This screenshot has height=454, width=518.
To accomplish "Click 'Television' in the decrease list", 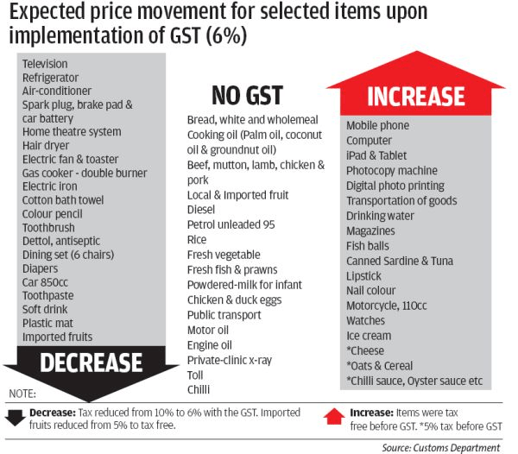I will coord(45,64).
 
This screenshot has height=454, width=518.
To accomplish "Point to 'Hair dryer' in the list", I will coord(47,146).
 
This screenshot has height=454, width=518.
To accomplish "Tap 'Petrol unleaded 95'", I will coord(231,224).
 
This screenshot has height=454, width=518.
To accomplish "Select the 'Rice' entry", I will coord(198,239).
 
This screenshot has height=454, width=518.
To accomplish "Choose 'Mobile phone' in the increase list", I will coord(377,126).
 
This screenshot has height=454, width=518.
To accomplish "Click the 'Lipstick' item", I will coord(364,276).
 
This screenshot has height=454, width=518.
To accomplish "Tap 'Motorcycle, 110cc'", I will coord(388,306).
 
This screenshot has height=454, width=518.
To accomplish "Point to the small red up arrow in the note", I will coord(336,416).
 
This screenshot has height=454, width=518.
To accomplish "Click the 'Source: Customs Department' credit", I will coord(440,447).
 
